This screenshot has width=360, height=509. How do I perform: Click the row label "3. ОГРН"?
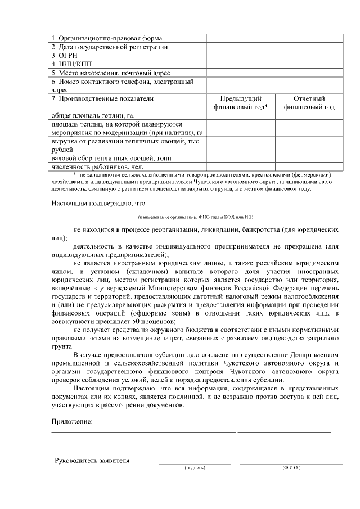pos(65,56)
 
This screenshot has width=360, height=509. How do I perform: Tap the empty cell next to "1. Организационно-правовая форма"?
pos(274,38)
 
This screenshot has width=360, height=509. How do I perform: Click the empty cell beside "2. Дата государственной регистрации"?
pos(274,47)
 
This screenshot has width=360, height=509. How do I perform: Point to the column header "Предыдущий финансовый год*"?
pos(240,102)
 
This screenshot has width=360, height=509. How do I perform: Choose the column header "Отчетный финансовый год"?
pos(309,102)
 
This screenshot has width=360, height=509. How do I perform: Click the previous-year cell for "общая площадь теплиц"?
pos(240,115)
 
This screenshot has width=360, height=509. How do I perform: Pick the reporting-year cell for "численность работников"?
pos(309,166)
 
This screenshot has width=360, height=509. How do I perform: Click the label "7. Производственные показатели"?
pos(102,98)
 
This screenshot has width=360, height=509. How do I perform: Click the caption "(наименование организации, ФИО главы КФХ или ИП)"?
pos(195,217)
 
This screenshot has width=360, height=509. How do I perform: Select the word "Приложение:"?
pos(72,421)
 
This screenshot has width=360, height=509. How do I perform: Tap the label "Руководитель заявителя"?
pos(92,461)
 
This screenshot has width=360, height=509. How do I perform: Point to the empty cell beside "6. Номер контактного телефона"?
pos(274,85)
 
